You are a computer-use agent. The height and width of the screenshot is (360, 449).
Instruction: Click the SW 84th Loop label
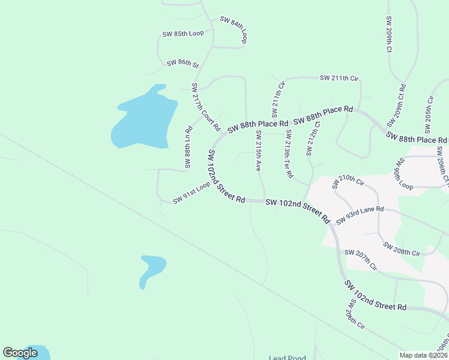pyautogui.click(x=234, y=29)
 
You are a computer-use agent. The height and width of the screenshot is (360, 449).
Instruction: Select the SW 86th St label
pyautogui.click(x=182, y=62)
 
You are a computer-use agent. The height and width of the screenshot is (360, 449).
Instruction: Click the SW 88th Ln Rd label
pyautogui.click(x=188, y=147)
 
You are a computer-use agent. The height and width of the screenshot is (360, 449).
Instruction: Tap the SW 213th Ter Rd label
pyautogui.click(x=289, y=154)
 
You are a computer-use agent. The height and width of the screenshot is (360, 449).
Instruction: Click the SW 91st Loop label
pyautogui.click(x=191, y=193)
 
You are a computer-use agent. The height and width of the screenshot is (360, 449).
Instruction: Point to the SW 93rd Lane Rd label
pyautogui.click(x=360, y=216)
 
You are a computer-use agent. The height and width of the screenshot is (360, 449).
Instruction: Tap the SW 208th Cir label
pyautogui.click(x=402, y=250)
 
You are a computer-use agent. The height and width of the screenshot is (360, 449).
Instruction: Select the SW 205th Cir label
pyautogui.click(x=429, y=114)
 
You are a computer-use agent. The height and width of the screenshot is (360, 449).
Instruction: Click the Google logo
pyautogui.click(x=20, y=353)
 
